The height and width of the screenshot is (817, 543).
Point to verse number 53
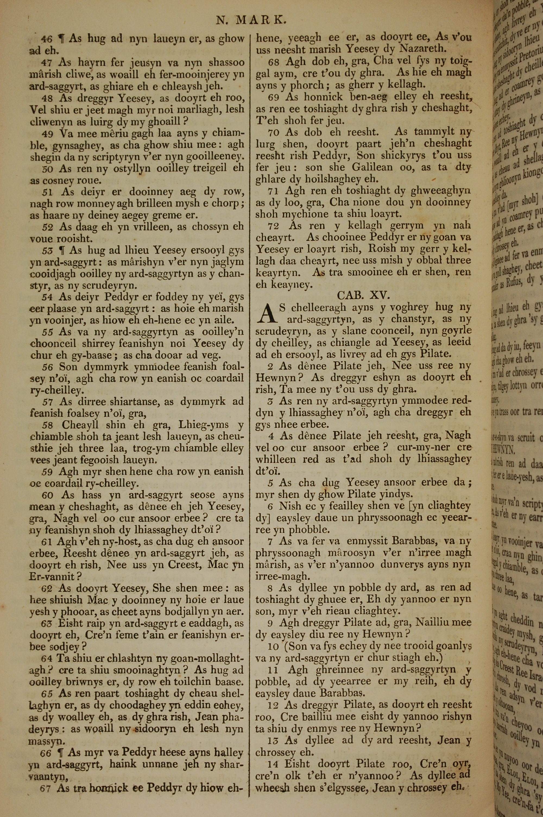coord(48,250)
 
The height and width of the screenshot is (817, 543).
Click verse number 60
coord(48,495)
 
